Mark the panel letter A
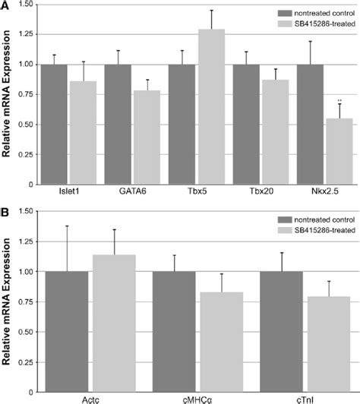[x=5, y=6]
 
